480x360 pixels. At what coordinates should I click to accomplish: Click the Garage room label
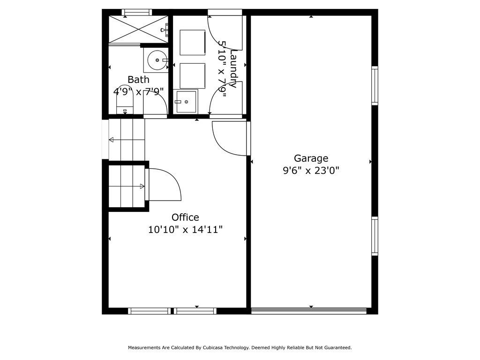[x=311, y=158]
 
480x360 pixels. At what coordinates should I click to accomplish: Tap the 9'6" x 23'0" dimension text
[x=311, y=170]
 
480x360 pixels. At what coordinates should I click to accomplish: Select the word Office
[x=185, y=217]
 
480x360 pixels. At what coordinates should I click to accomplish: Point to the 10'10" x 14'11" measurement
[x=185, y=229]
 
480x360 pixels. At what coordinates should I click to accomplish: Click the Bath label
[x=138, y=80]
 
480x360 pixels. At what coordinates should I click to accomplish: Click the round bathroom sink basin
[x=157, y=60]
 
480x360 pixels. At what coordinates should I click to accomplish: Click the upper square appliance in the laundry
[x=192, y=42]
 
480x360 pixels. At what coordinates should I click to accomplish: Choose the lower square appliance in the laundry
[x=192, y=75]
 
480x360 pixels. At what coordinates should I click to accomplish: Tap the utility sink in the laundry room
[x=185, y=101]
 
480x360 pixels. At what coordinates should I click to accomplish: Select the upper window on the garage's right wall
[x=375, y=86]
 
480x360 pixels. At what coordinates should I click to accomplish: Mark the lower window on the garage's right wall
[x=375, y=236]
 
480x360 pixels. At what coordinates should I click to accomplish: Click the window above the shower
[x=137, y=12]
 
